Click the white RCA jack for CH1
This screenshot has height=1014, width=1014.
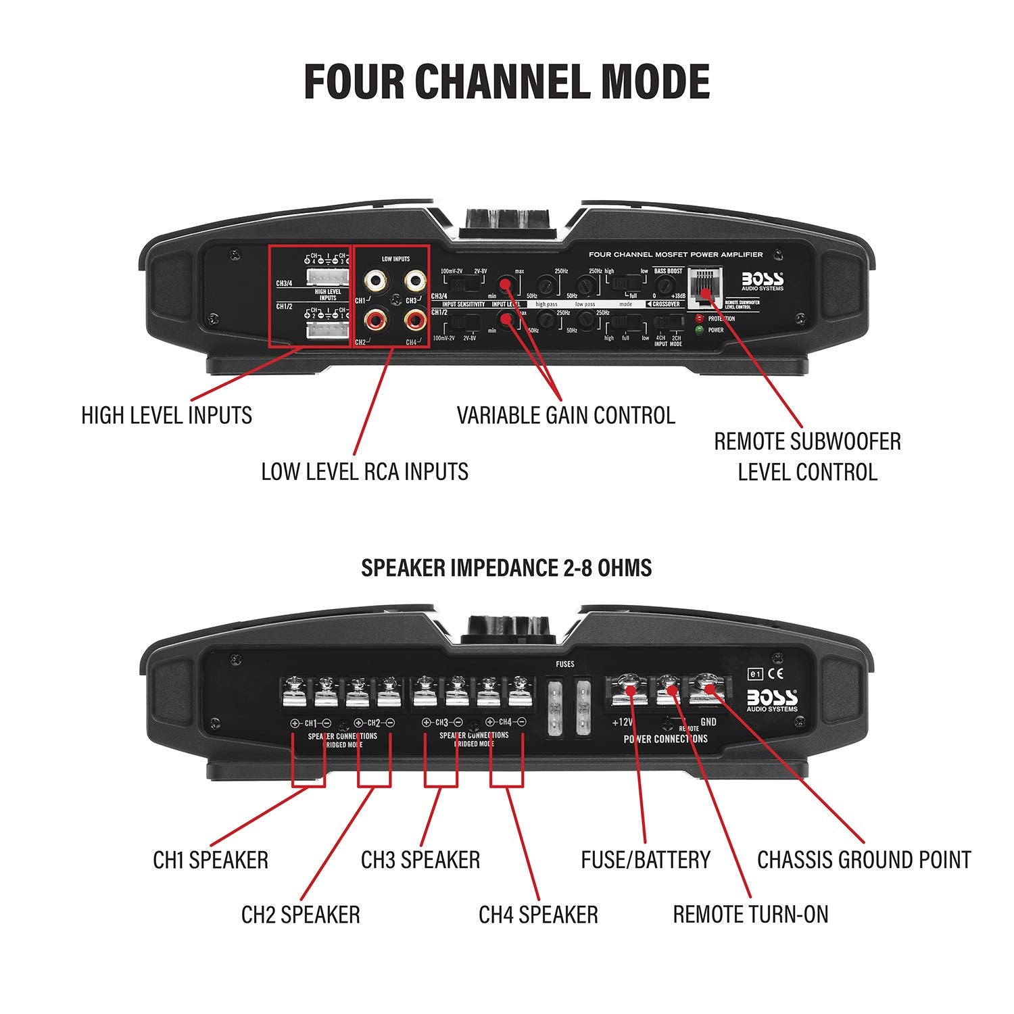(374, 279)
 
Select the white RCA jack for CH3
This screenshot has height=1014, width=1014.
(414, 279)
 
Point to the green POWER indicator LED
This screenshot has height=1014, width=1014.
(699, 331)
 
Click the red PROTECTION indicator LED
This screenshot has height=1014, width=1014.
(699, 318)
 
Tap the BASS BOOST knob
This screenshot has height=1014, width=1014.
(668, 284)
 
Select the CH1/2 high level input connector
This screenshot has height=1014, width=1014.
(327, 329)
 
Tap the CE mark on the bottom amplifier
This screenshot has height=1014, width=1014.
(778, 673)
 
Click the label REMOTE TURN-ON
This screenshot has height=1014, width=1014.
(750, 915)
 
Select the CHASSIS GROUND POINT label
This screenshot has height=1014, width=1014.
(864, 860)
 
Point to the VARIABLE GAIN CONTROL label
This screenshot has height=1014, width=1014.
(566, 415)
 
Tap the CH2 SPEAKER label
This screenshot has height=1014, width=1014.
(301, 915)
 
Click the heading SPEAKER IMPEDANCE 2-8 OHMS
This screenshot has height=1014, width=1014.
(506, 568)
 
